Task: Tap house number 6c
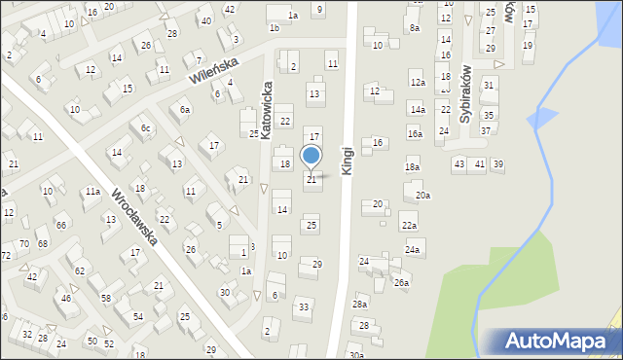(x=146, y=128)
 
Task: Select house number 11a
(x=92, y=192)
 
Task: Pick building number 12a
(x=417, y=84)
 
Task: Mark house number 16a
(x=415, y=134)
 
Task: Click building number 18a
(x=412, y=167)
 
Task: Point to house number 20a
(x=422, y=196)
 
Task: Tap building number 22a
(x=409, y=226)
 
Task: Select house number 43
(x=458, y=163)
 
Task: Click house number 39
(x=497, y=163)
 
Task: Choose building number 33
(x=304, y=307)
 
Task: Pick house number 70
(x=24, y=243)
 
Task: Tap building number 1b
(x=275, y=28)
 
